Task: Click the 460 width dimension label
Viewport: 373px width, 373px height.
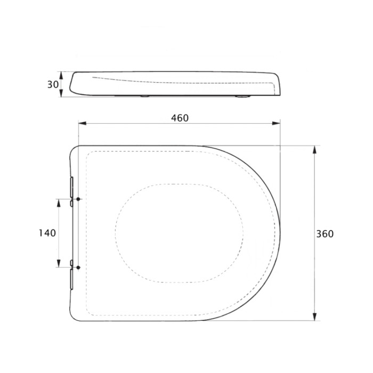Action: tap(180, 118)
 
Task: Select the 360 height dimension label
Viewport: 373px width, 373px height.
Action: tap(325, 234)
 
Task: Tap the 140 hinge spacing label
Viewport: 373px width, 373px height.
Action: tap(47, 233)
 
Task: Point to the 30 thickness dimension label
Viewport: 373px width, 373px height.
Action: tap(53, 84)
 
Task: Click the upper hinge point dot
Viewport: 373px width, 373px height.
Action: tap(78, 199)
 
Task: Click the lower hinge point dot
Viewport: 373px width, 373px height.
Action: tap(78, 267)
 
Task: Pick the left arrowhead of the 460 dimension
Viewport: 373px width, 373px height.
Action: tap(82, 123)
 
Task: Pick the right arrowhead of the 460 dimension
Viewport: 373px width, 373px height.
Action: tap(276, 123)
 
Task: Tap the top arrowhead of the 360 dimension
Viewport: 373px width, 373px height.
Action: tap(314, 149)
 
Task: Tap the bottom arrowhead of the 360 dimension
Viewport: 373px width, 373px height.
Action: tap(314, 317)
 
